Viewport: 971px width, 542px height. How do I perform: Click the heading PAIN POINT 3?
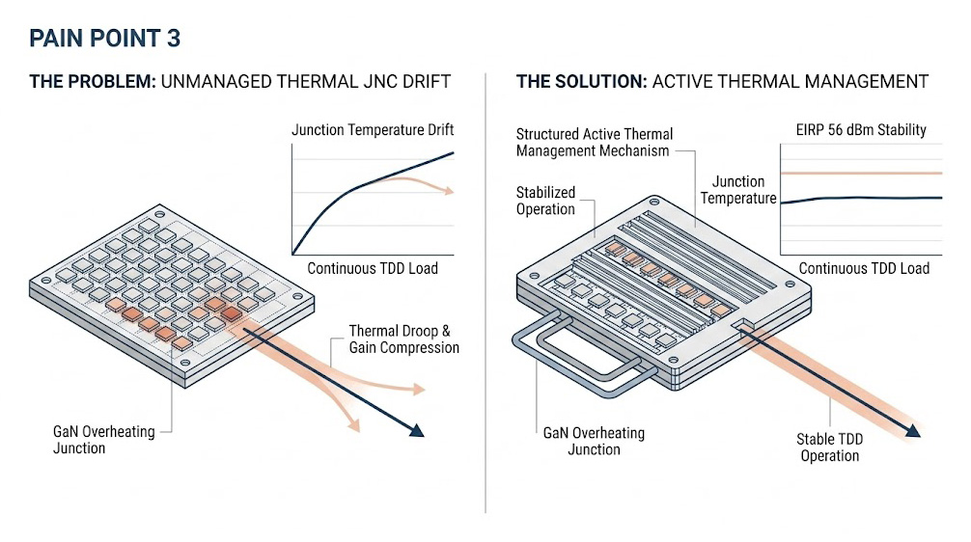(x=104, y=40)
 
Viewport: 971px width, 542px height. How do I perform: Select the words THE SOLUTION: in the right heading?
(x=582, y=81)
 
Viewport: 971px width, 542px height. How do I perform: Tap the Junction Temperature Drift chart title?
(x=373, y=130)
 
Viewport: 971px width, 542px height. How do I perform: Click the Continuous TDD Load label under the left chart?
(x=372, y=268)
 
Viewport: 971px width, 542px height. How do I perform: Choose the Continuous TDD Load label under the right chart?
(x=864, y=268)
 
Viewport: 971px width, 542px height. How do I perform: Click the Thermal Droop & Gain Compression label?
(x=403, y=339)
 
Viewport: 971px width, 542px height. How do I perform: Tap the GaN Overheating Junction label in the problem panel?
(x=103, y=440)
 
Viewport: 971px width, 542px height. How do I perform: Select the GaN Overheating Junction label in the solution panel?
(x=594, y=441)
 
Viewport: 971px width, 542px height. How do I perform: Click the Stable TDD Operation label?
(x=829, y=447)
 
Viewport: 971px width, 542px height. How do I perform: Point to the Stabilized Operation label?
(x=545, y=201)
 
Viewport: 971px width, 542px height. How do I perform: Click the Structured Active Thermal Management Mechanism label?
(x=594, y=142)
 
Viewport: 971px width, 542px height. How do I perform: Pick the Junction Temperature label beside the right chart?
(x=738, y=189)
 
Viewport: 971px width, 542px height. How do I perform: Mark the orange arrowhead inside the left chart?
(x=447, y=191)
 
